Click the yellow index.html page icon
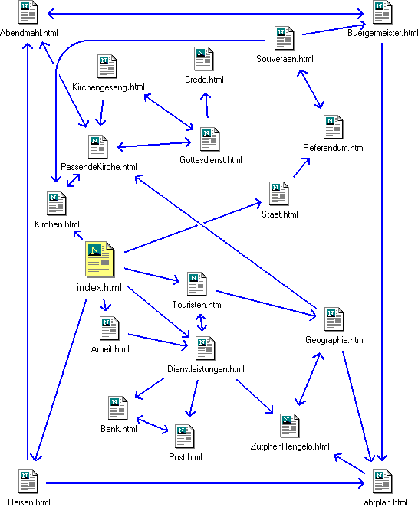pos(100,259)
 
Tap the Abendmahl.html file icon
pos(28,12)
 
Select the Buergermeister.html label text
pos(383,33)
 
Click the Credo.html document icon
pos(204,59)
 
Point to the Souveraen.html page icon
pos(285,38)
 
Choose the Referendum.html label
pos(334,148)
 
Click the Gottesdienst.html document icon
pos(210,139)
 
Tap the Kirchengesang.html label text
pos(108,87)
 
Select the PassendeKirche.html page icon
pos(97,147)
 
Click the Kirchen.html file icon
pos(56,204)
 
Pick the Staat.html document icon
pos(278,194)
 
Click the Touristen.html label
pos(198,305)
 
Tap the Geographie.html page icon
pos(334,319)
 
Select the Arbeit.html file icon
pos(110,329)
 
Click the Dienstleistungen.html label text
pos(206,369)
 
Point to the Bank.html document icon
pos(118,408)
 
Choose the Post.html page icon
pos(185,437)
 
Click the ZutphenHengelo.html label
pos(290,446)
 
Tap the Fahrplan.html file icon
pos(383,482)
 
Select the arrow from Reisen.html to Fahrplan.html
pos(206,483)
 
